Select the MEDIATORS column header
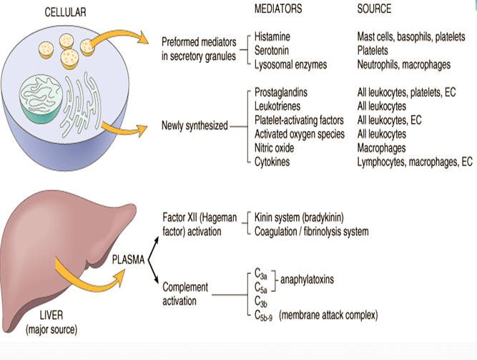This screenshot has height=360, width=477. [x=278, y=9]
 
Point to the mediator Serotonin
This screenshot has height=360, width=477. [x=275, y=50]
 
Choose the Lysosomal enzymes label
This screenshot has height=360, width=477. [x=290, y=64]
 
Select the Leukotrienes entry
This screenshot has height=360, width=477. [x=280, y=107]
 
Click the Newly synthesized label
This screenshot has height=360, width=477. [x=195, y=126]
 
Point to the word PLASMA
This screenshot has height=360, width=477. [x=129, y=258]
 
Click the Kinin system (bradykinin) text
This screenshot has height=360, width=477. [x=297, y=217]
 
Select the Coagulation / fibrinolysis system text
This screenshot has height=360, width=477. [x=312, y=231]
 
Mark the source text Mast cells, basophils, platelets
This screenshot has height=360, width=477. [x=410, y=36]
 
